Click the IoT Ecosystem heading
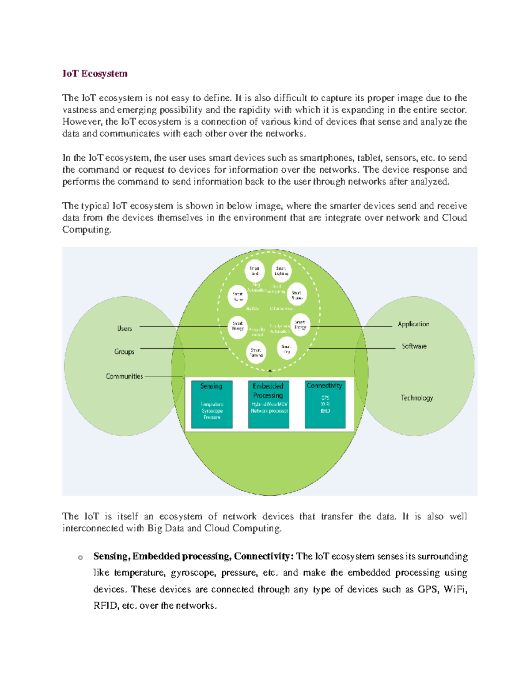(x=95, y=74)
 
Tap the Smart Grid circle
(x=254, y=271)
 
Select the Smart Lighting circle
(x=281, y=271)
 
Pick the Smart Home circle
(x=238, y=296)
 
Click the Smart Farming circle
(x=256, y=352)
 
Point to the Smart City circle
(x=287, y=349)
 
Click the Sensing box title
(x=211, y=386)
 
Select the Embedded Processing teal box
(x=269, y=404)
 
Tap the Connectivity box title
(x=325, y=386)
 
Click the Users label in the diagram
(x=125, y=329)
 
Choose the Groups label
(x=124, y=352)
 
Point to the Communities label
(x=124, y=376)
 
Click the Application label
(x=413, y=324)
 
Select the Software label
(x=414, y=346)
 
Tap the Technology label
(x=416, y=398)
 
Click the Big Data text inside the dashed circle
(x=252, y=308)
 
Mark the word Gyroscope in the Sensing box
(x=212, y=411)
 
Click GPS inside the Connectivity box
(x=325, y=398)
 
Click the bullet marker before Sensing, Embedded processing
(x=80, y=557)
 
